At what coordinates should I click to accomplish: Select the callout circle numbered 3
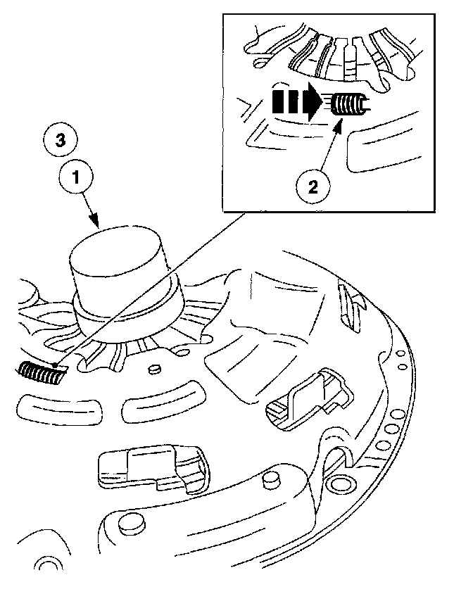[x=61, y=140]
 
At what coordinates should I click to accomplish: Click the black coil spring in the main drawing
[x=41, y=373]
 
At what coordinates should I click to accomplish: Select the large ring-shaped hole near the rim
[x=343, y=481]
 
